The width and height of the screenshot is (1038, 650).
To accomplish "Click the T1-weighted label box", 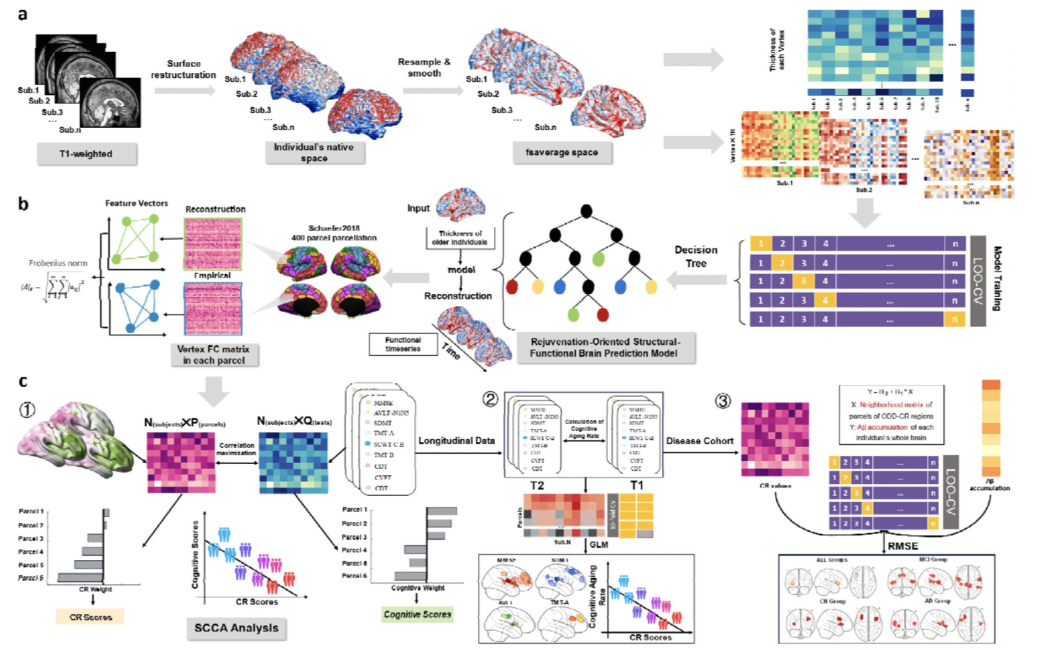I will [86, 154].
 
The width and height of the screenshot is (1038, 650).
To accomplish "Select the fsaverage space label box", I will [561, 153].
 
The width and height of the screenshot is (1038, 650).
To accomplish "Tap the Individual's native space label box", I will [314, 153].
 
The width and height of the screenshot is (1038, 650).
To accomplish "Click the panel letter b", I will [23, 204].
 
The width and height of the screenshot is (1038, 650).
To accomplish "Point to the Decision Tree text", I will [696, 257].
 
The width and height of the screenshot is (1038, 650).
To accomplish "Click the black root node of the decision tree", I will [586, 211].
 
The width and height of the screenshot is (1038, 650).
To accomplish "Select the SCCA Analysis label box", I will [236, 628].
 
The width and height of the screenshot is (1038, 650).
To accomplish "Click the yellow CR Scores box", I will [90, 617].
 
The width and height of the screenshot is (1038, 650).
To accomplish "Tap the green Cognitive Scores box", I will [417, 614].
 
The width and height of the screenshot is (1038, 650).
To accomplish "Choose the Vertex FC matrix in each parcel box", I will [214, 355].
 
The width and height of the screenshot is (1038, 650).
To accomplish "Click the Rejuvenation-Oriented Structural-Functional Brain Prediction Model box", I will [605, 348].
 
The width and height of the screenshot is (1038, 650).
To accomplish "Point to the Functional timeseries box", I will [403, 344].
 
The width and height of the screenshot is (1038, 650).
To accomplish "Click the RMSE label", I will [902, 546].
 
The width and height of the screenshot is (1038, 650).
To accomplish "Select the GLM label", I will [599, 545].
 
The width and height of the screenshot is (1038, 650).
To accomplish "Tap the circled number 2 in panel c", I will [490, 399].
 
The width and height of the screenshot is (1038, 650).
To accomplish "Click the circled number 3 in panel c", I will [723, 401].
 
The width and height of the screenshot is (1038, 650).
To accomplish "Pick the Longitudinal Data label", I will [456, 441].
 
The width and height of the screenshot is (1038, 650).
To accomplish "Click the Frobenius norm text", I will [58, 263].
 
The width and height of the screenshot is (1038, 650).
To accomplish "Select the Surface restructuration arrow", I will [184, 90].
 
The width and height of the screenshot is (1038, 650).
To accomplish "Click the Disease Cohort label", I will [700, 441].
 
